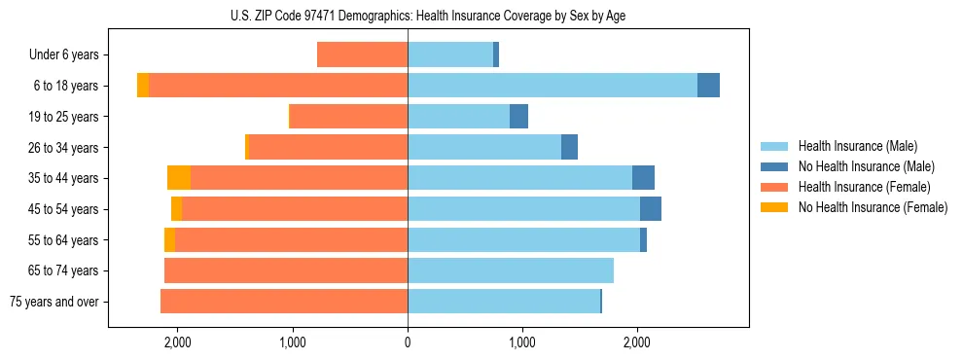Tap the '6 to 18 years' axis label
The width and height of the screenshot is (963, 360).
(66, 86)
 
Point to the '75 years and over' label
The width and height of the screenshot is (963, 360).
(54, 302)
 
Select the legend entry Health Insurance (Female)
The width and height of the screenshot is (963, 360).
(864, 187)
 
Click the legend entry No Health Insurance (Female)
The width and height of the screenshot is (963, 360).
(872, 207)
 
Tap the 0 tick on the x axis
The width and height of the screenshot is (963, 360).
(408, 342)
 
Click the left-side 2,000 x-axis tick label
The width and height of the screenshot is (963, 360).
(177, 342)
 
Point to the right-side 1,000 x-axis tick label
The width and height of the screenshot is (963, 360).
(522, 342)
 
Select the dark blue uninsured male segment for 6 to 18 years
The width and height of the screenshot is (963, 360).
(708, 86)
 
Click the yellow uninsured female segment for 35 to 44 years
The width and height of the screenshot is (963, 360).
(179, 178)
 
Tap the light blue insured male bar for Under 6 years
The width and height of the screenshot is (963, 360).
(450, 55)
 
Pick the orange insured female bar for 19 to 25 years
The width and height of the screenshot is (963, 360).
(349, 117)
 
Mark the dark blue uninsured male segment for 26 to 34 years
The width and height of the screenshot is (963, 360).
(569, 147)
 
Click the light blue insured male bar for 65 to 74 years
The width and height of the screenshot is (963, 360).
(511, 270)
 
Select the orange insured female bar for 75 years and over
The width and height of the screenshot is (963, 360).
(284, 302)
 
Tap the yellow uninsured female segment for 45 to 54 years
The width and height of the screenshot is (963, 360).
(176, 209)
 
